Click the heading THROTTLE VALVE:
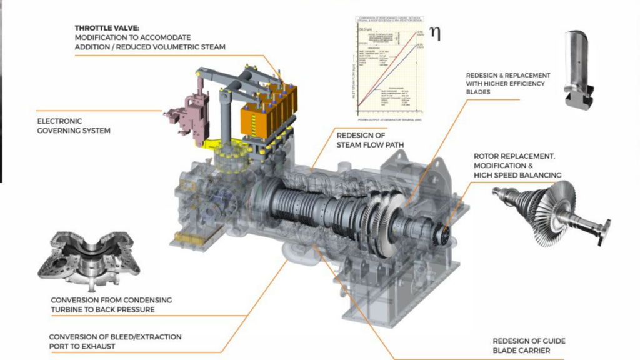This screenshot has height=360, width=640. tap(106, 28)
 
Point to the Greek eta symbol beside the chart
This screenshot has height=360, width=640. tap(435, 33)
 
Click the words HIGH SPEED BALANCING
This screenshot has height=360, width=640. tap(517, 175)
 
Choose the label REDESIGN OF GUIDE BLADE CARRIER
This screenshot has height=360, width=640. tap(529, 346)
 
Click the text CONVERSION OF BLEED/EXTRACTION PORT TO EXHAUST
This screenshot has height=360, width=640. tap(116, 342)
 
